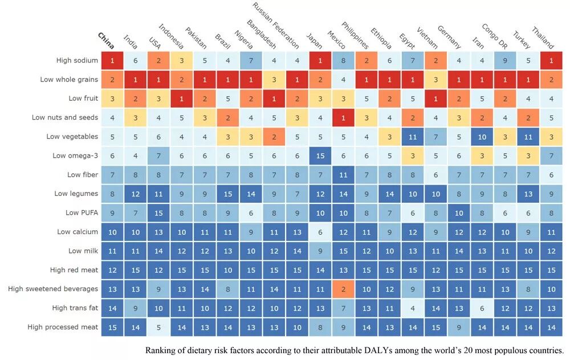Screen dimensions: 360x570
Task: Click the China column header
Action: pos(107,40)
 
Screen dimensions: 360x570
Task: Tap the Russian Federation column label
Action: pos(276,25)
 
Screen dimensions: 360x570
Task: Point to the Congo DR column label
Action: pos(494,36)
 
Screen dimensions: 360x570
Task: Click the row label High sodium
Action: pos(77,60)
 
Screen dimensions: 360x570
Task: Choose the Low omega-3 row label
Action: pos(75,156)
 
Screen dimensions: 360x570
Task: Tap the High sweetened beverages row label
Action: pos(53,289)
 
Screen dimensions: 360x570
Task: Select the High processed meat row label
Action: pos(63,327)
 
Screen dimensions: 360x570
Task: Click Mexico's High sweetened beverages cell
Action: pos(343,289)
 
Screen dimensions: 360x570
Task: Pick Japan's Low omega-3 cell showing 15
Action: pos(320,156)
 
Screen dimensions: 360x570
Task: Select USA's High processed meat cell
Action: pos(158,327)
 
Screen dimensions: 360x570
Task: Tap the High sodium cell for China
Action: pos(112,60)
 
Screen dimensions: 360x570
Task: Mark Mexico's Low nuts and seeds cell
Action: pos(343,117)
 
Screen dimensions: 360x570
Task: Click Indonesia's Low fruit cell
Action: pos(182,99)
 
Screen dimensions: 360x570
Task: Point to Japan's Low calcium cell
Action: pos(320,232)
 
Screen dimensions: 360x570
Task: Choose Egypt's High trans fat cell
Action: pos(413,308)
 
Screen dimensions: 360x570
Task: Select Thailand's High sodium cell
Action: pos(551,60)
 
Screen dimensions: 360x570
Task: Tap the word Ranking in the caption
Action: pos(161,350)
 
